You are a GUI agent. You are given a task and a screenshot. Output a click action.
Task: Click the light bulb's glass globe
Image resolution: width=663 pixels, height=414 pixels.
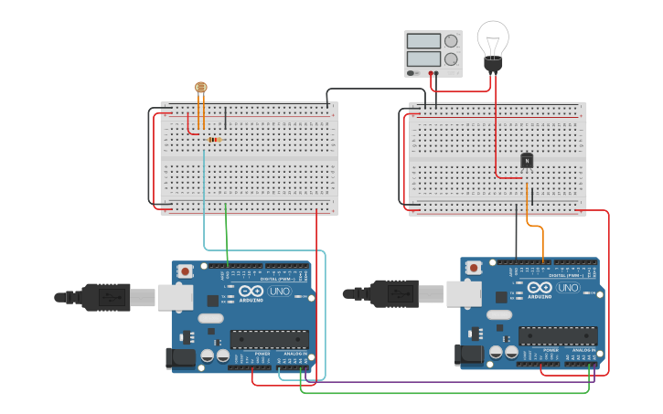(493, 38)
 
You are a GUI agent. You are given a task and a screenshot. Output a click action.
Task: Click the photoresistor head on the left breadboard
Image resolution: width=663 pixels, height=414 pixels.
(201, 88)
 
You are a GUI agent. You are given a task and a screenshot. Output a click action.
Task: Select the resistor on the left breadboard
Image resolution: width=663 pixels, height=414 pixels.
(216, 140)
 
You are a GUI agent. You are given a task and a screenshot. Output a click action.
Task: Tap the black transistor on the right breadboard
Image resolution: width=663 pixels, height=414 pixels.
(527, 161)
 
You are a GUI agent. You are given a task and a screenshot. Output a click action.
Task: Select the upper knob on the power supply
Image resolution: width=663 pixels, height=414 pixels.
(451, 41)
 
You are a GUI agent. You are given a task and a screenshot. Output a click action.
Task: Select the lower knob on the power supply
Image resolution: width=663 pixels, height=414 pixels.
(451, 59)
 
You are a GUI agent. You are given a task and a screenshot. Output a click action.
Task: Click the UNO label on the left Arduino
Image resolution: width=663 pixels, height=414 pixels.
(278, 292)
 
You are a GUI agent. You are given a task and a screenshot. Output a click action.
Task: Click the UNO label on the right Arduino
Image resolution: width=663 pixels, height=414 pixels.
(568, 288)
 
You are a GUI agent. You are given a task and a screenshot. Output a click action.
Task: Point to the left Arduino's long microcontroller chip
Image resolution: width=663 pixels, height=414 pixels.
(269, 339)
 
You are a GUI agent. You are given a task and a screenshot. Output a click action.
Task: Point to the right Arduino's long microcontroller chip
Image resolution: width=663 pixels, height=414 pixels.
(558, 335)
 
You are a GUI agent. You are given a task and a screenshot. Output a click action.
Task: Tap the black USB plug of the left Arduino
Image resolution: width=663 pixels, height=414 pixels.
(106, 297)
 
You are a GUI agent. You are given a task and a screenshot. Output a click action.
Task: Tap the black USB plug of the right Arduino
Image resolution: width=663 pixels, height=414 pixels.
(395, 293)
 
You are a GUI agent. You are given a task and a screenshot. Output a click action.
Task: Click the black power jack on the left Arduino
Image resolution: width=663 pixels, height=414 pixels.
(181, 358)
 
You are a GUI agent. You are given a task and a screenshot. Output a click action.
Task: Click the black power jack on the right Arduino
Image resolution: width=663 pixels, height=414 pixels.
(470, 355)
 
